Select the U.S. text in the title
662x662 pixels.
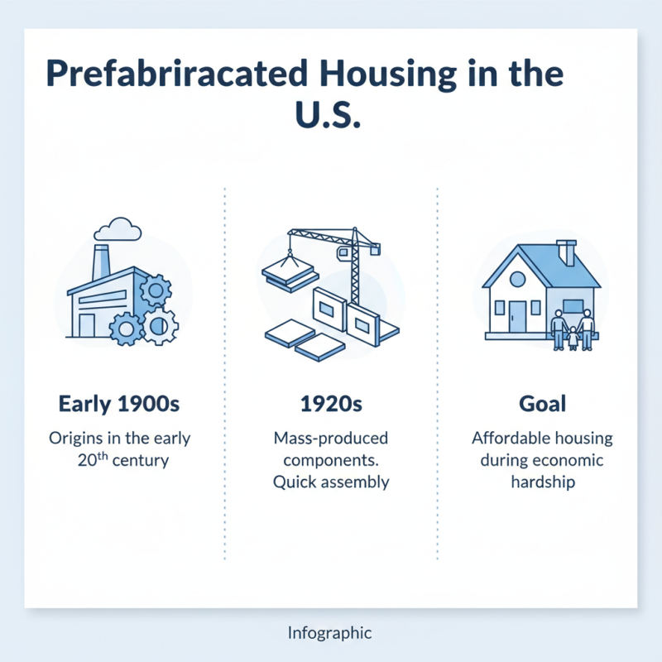coord(329,116)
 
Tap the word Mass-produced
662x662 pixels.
coord(331,439)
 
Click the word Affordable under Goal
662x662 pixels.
coord(509,439)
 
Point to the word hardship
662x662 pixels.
coord(543,481)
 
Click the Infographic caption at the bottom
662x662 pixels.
coord(331,634)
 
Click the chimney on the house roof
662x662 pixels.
coord(567,252)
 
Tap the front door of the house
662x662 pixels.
coord(518,316)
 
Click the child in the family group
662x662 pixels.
coord(572,338)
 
